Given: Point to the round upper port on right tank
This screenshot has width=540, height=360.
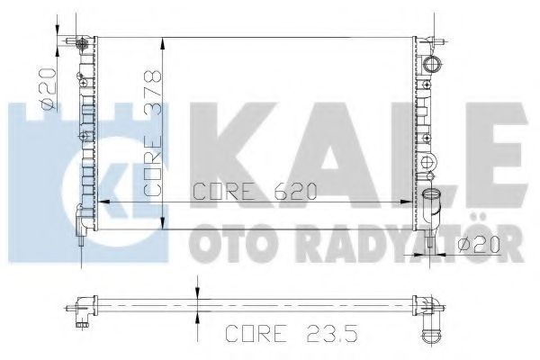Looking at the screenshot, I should (436, 64).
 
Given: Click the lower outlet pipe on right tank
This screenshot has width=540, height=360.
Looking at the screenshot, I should (435, 202).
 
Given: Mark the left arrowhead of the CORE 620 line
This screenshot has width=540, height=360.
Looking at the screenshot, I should (101, 202).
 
